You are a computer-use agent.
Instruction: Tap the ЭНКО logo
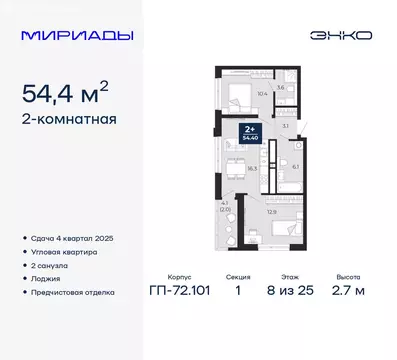(345, 35)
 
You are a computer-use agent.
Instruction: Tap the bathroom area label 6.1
(296, 166)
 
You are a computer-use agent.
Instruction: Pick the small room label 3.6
(281, 88)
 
